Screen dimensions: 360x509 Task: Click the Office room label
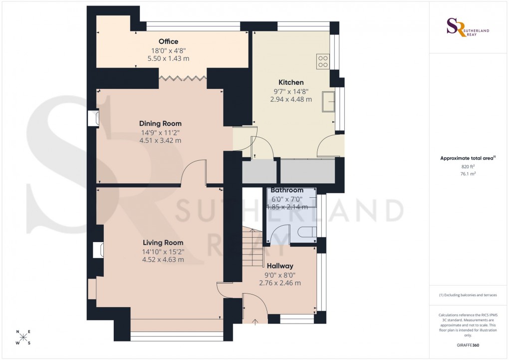(168, 41)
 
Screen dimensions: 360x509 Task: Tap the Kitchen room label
(291, 82)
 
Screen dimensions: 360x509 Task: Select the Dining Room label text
(160, 123)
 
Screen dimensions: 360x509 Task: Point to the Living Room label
(163, 243)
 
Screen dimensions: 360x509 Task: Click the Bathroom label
(287, 190)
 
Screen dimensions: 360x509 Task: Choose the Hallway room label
(279, 266)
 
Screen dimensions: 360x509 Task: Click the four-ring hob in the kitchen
(323, 61)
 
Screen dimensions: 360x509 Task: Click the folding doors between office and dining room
(182, 77)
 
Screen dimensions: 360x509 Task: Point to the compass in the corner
(23, 338)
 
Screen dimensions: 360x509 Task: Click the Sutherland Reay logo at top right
(468, 27)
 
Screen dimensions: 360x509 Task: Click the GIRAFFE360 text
(468, 346)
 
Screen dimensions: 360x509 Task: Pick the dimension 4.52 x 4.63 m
(163, 260)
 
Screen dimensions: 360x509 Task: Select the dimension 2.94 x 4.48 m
(291, 99)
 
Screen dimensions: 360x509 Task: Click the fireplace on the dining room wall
(93, 119)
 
